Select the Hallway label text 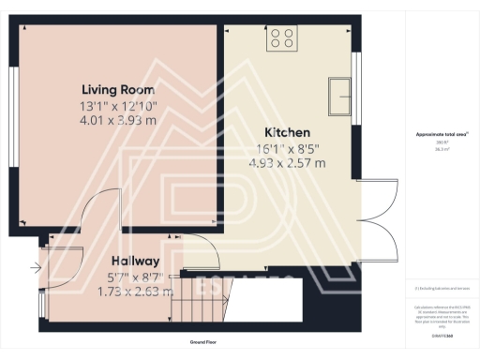coord(136,260)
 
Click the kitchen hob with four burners coord(282,38)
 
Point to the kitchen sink coord(339,94)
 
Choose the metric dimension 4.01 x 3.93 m coord(117,121)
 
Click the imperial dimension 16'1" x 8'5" coord(286,148)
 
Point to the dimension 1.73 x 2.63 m coord(136,291)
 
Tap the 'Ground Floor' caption coord(202,343)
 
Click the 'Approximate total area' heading coord(442,135)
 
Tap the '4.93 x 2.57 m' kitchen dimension coord(286,163)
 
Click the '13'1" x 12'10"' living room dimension coord(117,106)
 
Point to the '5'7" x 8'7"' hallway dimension coord(136,276)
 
